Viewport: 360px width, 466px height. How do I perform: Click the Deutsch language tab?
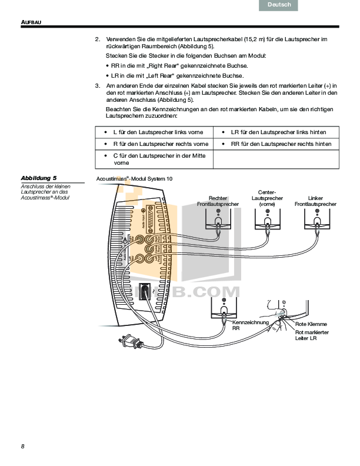click(278, 5)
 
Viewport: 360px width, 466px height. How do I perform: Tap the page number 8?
click(22, 446)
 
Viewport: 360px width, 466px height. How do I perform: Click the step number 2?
click(97, 39)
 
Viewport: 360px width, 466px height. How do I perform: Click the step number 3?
click(97, 86)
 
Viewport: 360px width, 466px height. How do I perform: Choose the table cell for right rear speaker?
click(276, 144)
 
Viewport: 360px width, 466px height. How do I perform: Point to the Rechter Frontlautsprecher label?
click(218, 201)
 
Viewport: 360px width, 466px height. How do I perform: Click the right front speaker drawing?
click(218, 218)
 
